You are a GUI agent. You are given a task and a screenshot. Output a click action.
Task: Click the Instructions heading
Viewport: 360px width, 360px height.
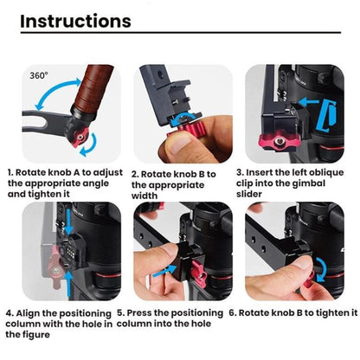[75, 21]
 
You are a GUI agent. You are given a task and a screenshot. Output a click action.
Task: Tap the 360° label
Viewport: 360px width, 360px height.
[39, 75]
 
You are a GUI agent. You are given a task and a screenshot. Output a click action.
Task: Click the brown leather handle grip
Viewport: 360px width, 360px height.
[92, 87]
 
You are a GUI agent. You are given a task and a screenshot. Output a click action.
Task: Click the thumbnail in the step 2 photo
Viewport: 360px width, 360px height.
[180, 143]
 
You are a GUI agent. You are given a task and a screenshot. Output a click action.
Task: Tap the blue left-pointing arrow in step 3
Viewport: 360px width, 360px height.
[309, 101]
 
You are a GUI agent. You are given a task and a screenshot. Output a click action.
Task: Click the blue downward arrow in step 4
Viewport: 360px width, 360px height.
[68, 221]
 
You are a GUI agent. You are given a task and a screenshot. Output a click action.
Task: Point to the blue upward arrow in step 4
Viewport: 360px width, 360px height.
[68, 284]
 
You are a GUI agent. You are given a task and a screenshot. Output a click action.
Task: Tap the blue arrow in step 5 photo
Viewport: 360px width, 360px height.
[164, 271]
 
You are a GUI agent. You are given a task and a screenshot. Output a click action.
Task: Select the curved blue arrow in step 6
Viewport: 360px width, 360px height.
[323, 270]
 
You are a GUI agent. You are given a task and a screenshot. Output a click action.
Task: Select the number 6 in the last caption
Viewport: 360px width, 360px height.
[232, 313]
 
